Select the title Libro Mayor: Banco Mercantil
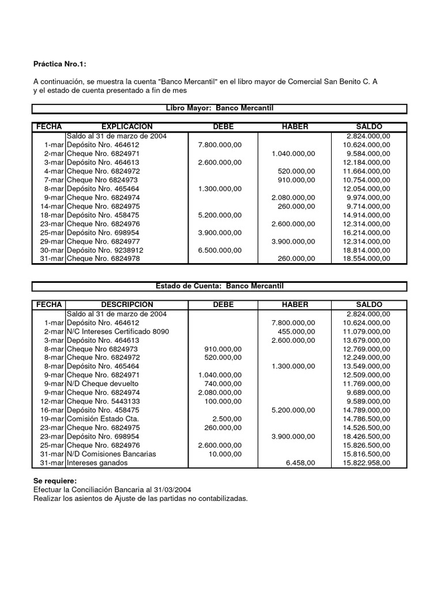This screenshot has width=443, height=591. pos(219,109)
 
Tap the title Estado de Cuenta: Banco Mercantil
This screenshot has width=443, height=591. pos(219,286)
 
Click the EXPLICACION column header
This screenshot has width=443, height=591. pos(127,127)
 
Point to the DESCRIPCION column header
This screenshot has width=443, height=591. pos(127,305)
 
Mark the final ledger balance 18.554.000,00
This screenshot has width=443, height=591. pos(366,259)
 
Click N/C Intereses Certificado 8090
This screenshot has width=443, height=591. pos(118,332)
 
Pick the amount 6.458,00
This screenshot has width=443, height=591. pos(301,463)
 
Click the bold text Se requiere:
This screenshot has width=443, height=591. pos(55,481)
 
